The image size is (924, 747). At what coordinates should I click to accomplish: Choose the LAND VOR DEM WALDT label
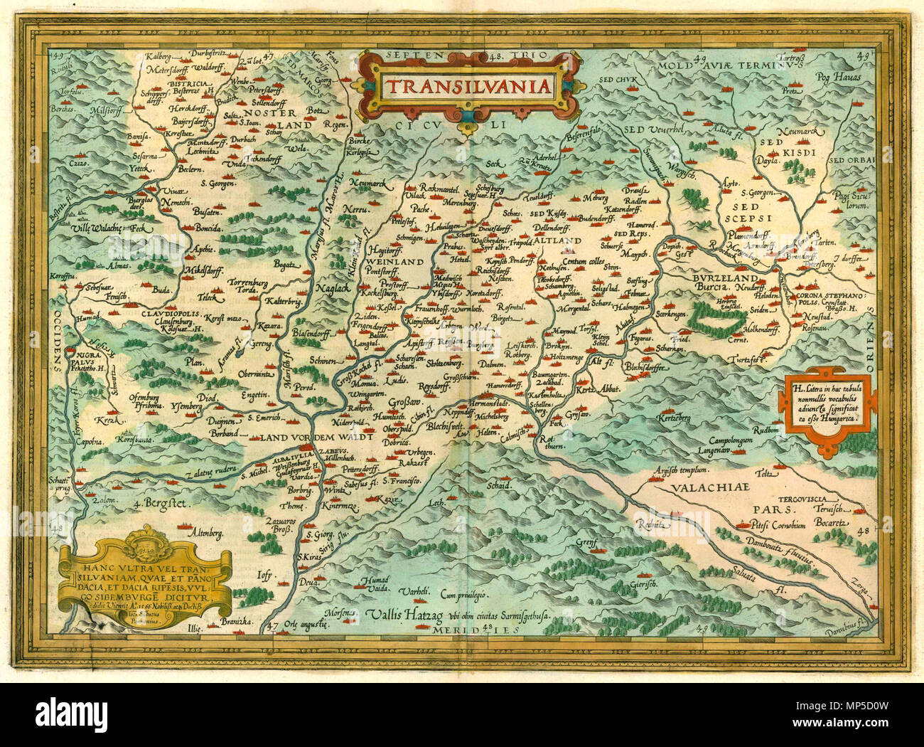[x=316, y=439]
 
